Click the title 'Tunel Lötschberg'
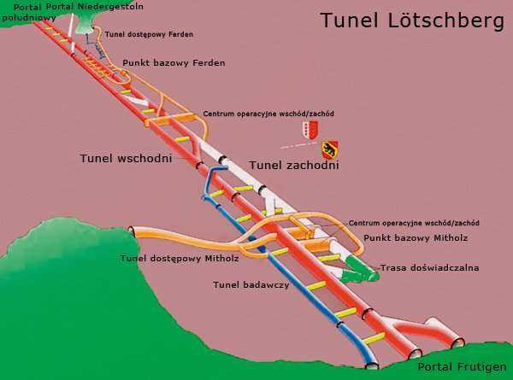pyautogui.click(x=412, y=20)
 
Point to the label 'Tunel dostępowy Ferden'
pyautogui.click(x=149, y=35)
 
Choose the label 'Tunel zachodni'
pyautogui.click(x=294, y=165)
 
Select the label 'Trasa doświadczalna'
pyautogui.click(x=430, y=267)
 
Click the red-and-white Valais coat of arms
pyautogui.click(x=310, y=129)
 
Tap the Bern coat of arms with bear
pyautogui.click(x=328, y=149)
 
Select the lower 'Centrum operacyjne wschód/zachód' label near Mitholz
pyautogui.click(x=414, y=223)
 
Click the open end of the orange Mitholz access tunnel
pyautogui.click(x=132, y=231)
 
